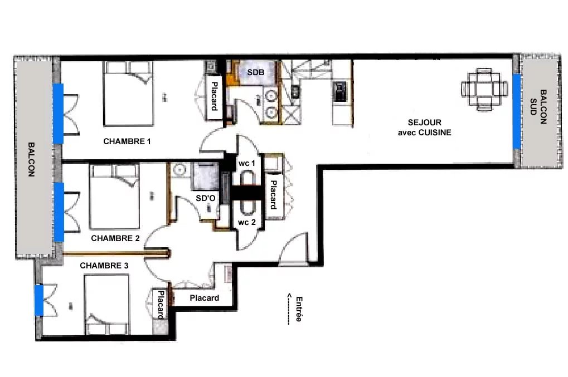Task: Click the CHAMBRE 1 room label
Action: click(x=127, y=141)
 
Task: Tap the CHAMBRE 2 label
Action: click(x=115, y=238)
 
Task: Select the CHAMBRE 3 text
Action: click(x=104, y=266)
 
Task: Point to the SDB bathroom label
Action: click(x=256, y=72)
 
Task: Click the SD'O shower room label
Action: click(x=205, y=198)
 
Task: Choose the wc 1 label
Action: click(x=247, y=164)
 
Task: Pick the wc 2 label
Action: click(x=247, y=223)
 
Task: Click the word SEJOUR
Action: click(x=425, y=123)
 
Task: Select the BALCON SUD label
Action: click(x=538, y=107)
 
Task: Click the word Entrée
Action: click(x=299, y=309)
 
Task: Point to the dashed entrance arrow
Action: click(x=289, y=309)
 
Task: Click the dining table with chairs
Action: click(x=484, y=89)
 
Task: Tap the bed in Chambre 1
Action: click(x=128, y=94)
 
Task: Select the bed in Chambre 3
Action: click(x=107, y=305)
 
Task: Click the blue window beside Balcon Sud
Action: click(x=517, y=111)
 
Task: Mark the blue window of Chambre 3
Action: click(x=39, y=300)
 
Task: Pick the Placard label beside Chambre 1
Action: click(x=215, y=96)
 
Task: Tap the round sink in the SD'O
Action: click(x=179, y=169)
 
